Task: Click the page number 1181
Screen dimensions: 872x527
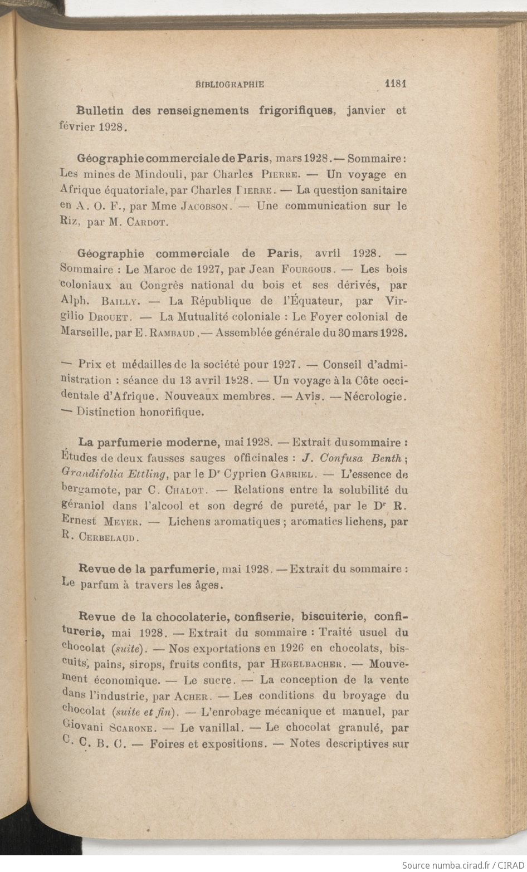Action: click(397, 84)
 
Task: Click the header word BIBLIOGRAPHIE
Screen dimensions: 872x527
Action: click(230, 85)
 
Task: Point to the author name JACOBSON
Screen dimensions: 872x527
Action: click(205, 205)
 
